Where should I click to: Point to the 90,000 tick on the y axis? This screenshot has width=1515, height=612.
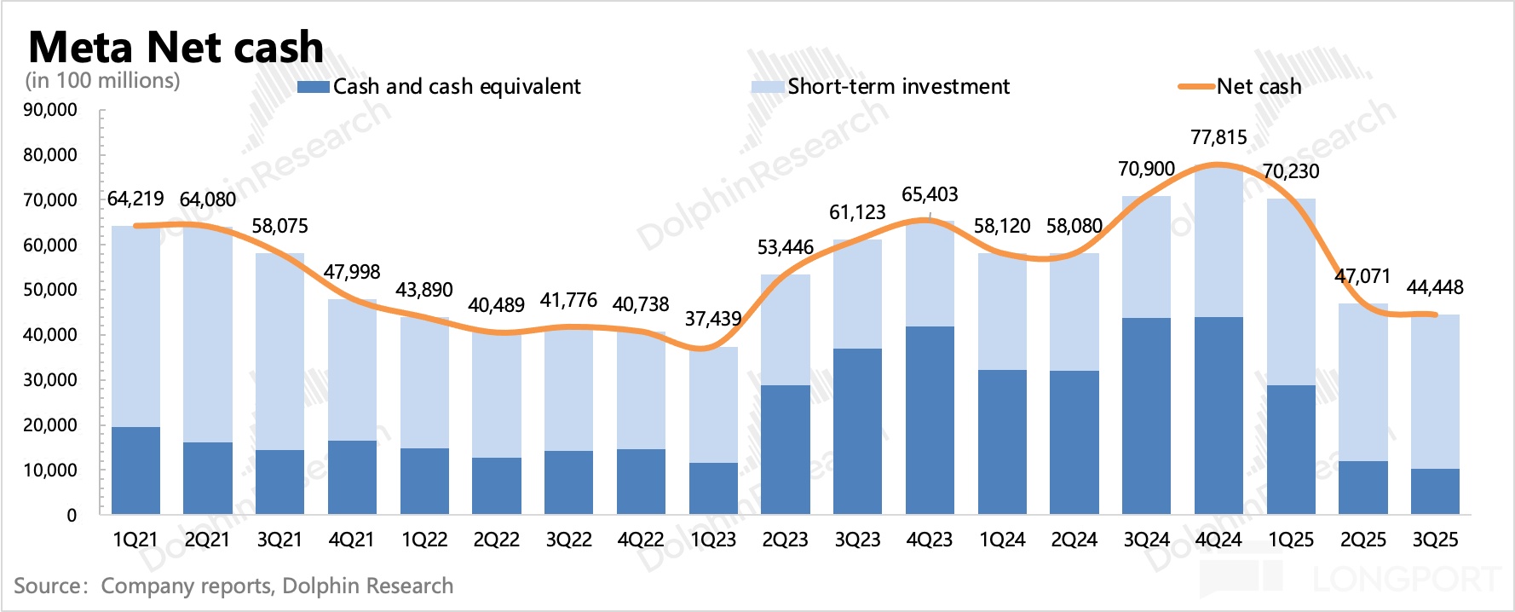click(50, 110)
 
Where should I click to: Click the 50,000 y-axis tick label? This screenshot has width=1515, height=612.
click(50, 290)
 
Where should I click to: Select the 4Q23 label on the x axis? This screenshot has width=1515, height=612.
click(930, 540)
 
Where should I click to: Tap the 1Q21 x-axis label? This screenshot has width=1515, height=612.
click(135, 540)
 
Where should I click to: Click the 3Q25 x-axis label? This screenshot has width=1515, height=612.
click(1436, 540)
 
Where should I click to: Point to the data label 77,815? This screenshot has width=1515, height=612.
click(1218, 137)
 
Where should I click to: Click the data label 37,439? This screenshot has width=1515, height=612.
click(713, 319)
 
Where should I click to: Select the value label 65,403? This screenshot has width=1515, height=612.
click(930, 194)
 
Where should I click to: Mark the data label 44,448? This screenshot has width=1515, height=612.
click(1435, 287)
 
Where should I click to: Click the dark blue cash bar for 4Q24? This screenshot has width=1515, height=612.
click(1218, 416)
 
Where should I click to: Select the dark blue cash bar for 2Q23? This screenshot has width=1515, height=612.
click(786, 450)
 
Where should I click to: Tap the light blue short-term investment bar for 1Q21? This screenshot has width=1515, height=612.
click(135, 326)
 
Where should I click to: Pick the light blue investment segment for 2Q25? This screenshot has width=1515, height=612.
click(1363, 383)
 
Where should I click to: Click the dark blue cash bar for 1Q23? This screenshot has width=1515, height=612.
click(713, 488)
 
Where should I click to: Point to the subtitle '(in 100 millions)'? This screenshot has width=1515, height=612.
click(103, 80)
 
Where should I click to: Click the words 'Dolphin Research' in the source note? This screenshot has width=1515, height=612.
click(367, 586)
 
